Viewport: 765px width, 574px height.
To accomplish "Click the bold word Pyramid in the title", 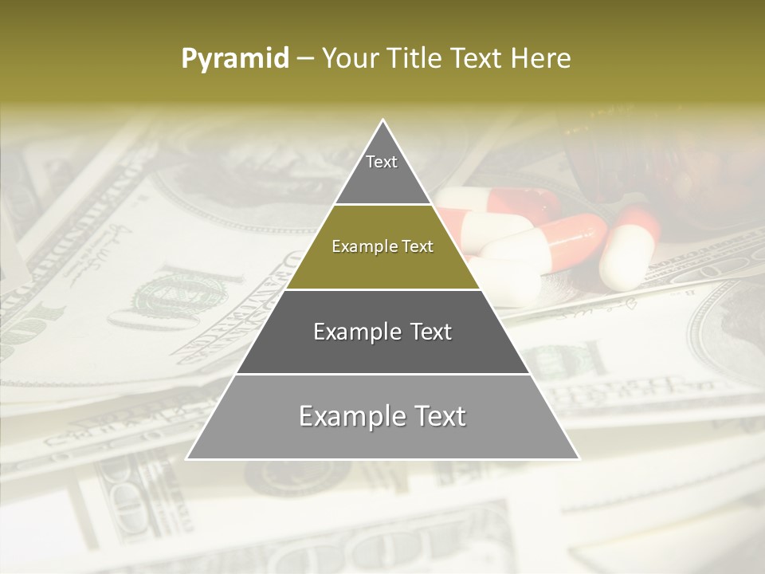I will pyautogui.click(x=235, y=59).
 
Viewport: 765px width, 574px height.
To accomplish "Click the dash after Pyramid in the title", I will pyautogui.click(x=305, y=59).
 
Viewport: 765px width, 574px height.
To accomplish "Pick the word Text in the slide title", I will pyautogui.click(x=479, y=59).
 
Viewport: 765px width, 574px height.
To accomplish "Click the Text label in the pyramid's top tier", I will pyautogui.click(x=382, y=162).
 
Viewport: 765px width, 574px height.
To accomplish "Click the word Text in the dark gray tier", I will pyautogui.click(x=431, y=332).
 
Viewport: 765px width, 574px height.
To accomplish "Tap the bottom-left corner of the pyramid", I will pyautogui.click(x=187, y=458).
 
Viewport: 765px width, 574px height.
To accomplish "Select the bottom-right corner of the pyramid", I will pyautogui.click(x=579, y=458).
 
